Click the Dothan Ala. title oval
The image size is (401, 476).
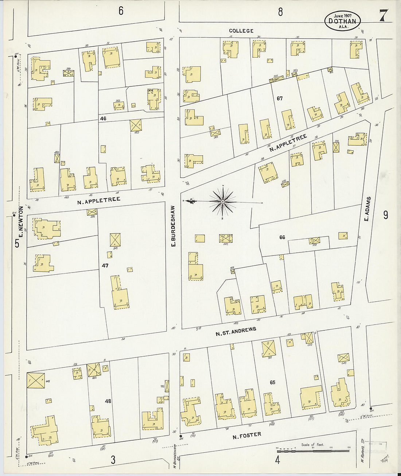point(342,21)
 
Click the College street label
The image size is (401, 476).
point(241,31)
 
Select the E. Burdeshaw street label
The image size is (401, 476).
point(174,226)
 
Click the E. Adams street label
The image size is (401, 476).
point(368,209)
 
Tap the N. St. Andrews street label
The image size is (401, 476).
point(235,331)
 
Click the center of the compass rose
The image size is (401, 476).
point(222,202)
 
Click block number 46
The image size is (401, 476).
point(103,119)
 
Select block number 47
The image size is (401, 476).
point(105,266)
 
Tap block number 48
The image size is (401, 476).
point(108,401)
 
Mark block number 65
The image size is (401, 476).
point(272,382)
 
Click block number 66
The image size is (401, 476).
point(282,237)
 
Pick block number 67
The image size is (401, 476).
point(280,98)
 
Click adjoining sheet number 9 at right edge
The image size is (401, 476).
point(385,215)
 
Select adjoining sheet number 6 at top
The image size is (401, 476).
point(121,11)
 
